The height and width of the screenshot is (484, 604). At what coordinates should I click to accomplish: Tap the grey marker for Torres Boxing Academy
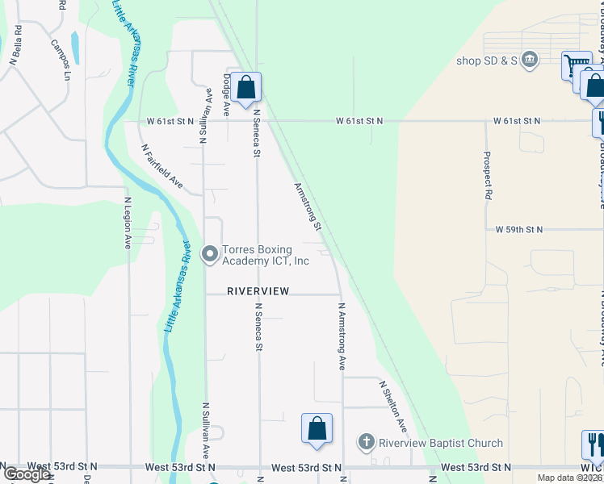[210, 255]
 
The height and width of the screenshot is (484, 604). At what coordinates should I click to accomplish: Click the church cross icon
[366, 442]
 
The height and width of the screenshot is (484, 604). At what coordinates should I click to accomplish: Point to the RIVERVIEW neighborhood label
[258, 290]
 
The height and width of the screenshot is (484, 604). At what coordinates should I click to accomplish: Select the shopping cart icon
[577, 65]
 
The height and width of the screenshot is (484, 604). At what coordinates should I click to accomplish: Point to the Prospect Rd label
[487, 175]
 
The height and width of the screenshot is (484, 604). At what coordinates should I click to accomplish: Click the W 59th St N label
[519, 230]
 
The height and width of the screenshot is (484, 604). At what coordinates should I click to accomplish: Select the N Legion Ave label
[128, 221]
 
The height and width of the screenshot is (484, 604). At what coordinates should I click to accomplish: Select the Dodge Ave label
[228, 95]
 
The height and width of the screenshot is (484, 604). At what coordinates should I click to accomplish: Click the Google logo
[26, 474]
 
